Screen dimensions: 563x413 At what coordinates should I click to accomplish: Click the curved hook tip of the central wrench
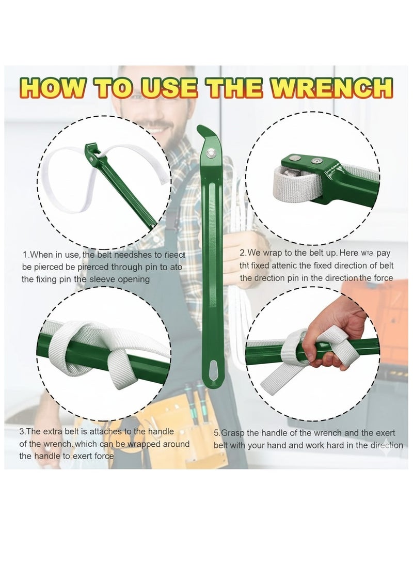point(202,132)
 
